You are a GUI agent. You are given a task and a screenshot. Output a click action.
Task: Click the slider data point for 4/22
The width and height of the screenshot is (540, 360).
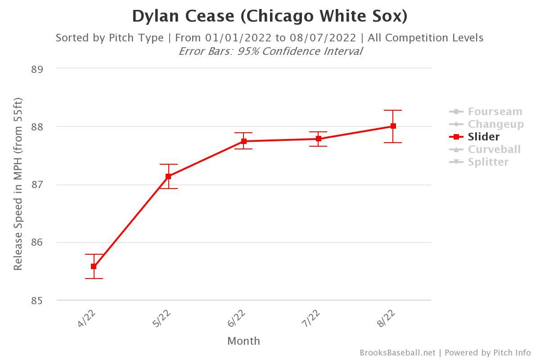pos(94,266)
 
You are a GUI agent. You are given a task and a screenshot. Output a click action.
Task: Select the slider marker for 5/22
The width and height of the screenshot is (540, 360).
pos(168,176)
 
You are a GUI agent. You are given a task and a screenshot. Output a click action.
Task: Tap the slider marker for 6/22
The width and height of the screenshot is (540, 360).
pos(243,141)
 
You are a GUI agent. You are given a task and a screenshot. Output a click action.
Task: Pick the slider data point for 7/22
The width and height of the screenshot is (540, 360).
pos(319,139)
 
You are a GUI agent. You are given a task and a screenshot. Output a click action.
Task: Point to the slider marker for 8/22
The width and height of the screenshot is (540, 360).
pos(393,126)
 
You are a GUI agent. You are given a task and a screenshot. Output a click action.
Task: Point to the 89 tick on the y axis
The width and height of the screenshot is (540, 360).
pos(37,69)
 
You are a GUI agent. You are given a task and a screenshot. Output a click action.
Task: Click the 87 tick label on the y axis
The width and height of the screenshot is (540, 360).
pos(37,185)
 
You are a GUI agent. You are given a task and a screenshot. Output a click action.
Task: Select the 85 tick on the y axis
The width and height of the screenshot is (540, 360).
pos(37,301)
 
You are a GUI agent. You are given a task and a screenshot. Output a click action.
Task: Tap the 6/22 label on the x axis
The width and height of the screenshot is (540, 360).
pos(237,318)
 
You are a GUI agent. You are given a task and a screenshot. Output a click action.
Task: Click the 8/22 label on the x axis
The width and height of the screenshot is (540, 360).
pos(387,318)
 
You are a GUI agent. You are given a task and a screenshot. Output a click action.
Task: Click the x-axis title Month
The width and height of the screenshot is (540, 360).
pos(243,341)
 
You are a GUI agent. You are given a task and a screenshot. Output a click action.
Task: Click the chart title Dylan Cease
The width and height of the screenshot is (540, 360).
pos(270,16)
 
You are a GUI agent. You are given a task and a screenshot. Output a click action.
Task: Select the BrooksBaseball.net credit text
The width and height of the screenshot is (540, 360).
pos(397,353)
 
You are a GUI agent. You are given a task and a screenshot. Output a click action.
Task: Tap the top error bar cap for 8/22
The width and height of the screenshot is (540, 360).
pos(393,110)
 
